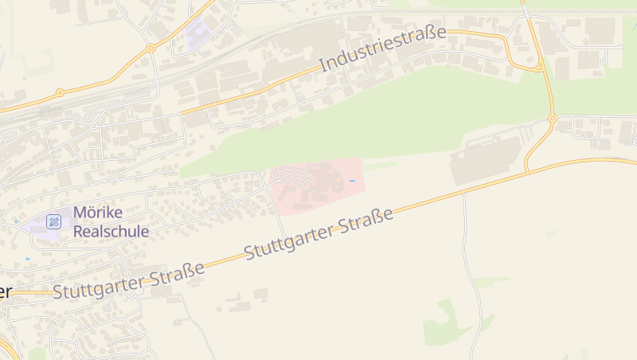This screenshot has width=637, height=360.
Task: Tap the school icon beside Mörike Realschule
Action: pyautogui.click(x=53, y=221)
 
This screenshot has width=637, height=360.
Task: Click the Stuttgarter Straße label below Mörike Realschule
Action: pyautogui.click(x=129, y=281)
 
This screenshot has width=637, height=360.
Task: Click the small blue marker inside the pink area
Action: pyautogui.click(x=352, y=181)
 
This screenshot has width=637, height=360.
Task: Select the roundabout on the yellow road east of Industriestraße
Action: pyautogui.click(x=552, y=119)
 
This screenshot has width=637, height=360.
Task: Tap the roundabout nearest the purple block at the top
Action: pyautogui.click(x=150, y=48)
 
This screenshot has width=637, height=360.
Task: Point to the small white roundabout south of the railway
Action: pyautogui.click(x=93, y=126)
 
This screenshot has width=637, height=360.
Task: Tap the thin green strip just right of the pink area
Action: pyautogui.click(x=380, y=166)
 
